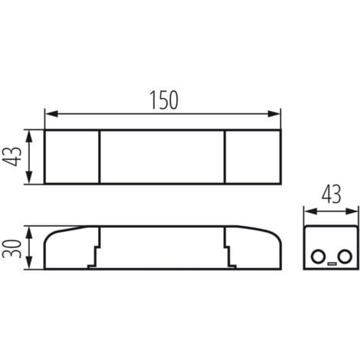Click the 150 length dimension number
[162, 100]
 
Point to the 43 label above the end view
[331, 192]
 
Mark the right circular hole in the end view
[345, 256]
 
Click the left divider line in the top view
[100, 157]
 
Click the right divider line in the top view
[225, 157]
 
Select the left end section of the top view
[72, 157]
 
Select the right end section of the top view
[253, 157]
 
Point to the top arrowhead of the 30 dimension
[29, 230]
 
